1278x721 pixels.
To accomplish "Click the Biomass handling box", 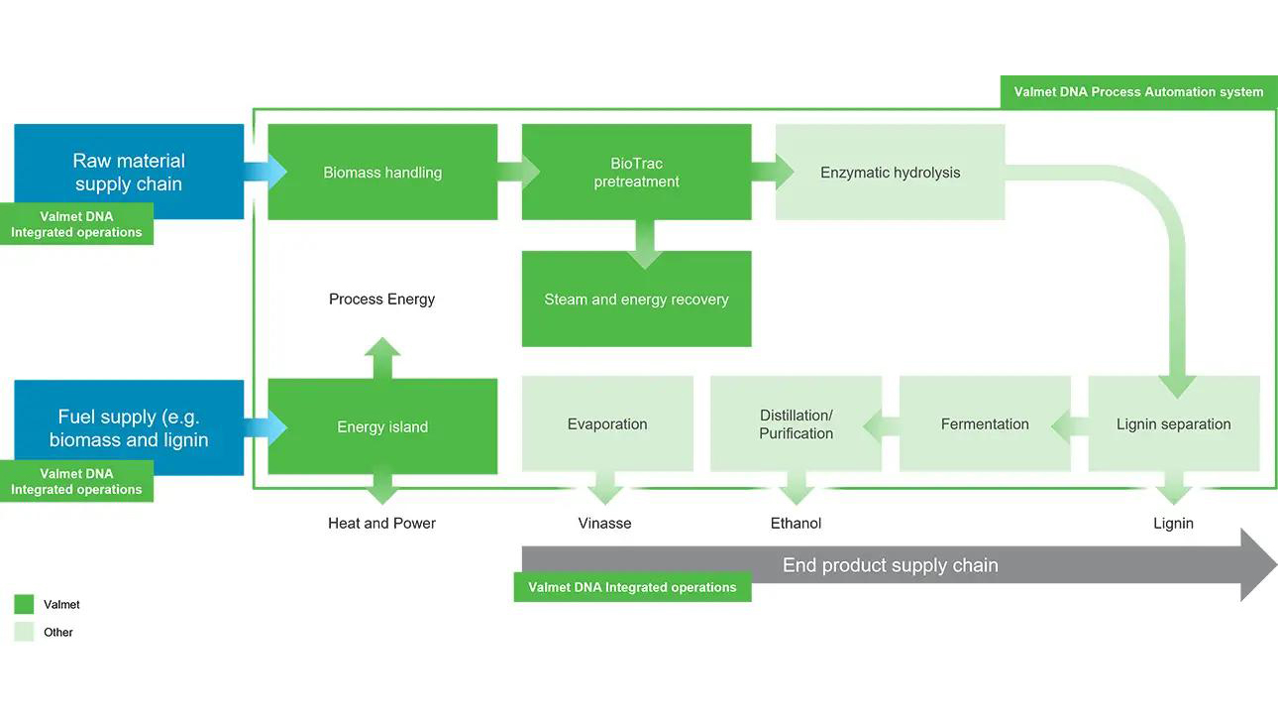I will (382, 173).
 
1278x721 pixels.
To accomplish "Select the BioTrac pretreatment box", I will (636, 173).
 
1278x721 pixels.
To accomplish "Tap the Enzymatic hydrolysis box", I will (890, 173).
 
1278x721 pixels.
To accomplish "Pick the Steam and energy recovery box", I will (636, 300).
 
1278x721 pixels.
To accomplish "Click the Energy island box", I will (382, 427).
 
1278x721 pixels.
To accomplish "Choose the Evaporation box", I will (607, 424).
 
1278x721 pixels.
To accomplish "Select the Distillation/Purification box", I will (796, 424).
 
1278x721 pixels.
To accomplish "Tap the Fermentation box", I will (985, 424).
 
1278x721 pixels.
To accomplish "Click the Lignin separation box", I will (1173, 424).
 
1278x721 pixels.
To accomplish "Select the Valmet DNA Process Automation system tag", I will (1138, 92).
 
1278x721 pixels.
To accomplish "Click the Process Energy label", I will (382, 300).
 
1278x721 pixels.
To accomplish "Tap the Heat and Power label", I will (382, 523).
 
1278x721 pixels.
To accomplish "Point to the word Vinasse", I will (604, 523).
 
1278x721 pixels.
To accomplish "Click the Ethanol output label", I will (797, 523).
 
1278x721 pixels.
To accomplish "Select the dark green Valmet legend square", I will (25, 605).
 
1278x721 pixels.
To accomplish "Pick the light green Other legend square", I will (25, 633).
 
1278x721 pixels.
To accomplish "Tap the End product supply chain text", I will (890, 565).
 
